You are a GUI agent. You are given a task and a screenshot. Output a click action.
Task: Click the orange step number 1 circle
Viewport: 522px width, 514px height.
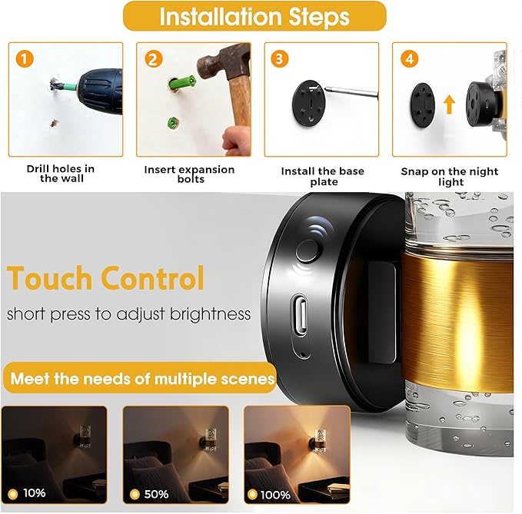(25, 59)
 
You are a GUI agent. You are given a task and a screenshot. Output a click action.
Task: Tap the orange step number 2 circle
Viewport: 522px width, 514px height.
(154, 59)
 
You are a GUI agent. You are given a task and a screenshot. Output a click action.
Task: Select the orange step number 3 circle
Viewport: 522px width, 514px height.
(279, 59)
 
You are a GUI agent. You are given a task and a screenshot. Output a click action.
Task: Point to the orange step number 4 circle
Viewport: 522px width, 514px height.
(409, 59)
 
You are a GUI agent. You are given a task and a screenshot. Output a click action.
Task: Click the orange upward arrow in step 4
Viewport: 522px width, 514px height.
(449, 104)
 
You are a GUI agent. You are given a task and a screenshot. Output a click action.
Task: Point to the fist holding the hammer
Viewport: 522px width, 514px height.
(236, 139)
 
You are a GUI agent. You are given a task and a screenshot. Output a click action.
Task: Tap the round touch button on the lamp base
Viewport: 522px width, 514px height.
(308, 250)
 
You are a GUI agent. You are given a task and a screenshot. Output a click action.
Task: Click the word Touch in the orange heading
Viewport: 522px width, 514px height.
(50, 278)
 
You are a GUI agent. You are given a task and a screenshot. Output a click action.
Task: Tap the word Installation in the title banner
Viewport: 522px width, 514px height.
(221, 16)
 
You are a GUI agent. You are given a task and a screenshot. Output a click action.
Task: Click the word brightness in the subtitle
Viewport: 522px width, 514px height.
(210, 314)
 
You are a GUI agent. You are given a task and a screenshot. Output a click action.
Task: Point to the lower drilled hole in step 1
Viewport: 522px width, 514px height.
(54, 124)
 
